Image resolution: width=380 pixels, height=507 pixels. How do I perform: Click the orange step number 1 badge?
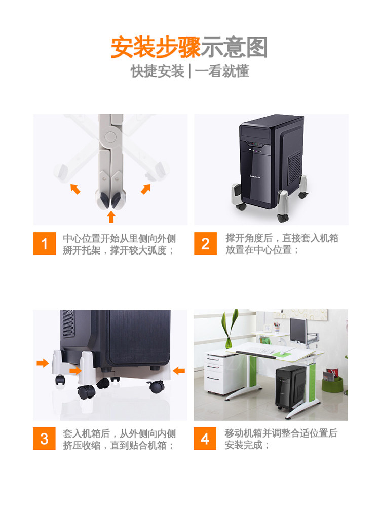[x=45, y=243]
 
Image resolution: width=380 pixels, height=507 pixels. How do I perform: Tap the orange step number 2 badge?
[x=206, y=243]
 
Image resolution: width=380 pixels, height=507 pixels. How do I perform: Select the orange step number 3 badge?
[x=44, y=439]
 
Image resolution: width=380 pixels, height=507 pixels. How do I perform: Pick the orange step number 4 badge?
[x=205, y=439]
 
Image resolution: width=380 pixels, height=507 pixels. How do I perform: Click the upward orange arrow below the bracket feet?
[x=111, y=216]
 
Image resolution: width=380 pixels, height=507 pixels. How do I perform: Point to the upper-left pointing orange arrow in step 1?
[x=75, y=189]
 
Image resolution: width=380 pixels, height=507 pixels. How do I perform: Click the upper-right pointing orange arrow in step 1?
[x=146, y=189]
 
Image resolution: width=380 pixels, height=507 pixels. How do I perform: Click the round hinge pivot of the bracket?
[x=109, y=137]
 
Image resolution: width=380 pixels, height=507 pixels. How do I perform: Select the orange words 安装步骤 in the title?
[x=156, y=47]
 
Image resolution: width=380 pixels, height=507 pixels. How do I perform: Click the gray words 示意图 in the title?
[x=235, y=47]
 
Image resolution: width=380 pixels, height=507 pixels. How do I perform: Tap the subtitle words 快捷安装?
[x=158, y=71]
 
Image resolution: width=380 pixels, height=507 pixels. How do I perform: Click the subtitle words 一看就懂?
[x=222, y=71]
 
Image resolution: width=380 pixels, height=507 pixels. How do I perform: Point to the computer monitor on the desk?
[x=298, y=330]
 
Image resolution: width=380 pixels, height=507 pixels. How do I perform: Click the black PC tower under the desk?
[x=290, y=387]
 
